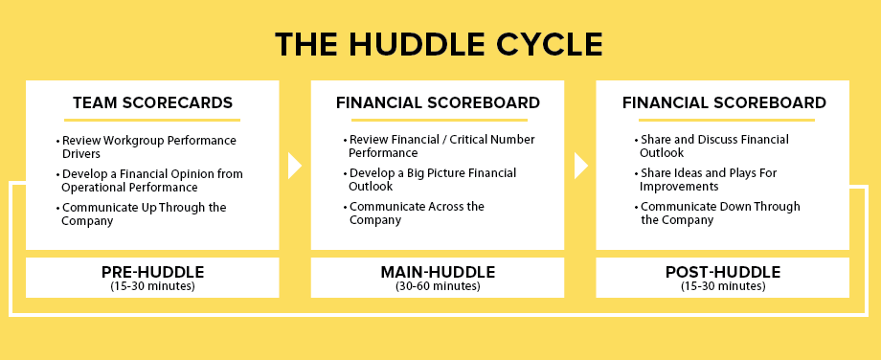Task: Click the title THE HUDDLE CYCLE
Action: [x=440, y=44]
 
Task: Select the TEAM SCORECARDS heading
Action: [x=152, y=102]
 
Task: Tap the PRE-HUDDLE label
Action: [x=152, y=272]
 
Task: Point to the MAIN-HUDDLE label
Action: [x=438, y=272]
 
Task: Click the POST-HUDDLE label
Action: [x=723, y=272]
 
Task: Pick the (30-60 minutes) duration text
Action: [x=438, y=285]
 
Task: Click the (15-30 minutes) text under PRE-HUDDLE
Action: [x=152, y=285]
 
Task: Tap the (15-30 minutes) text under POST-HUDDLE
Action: [x=723, y=285]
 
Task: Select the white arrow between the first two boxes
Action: [x=295, y=166]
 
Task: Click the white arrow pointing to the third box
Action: [x=580, y=166]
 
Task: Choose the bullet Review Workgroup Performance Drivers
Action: [x=147, y=146]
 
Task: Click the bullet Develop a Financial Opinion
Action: [x=151, y=180]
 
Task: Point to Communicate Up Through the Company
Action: [x=143, y=214]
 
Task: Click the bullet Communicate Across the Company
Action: [x=416, y=213]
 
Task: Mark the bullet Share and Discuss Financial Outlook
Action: [x=713, y=146]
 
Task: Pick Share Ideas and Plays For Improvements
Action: [x=708, y=179]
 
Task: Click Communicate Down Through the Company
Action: [x=719, y=213]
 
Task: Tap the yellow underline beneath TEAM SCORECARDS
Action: [x=152, y=120]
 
